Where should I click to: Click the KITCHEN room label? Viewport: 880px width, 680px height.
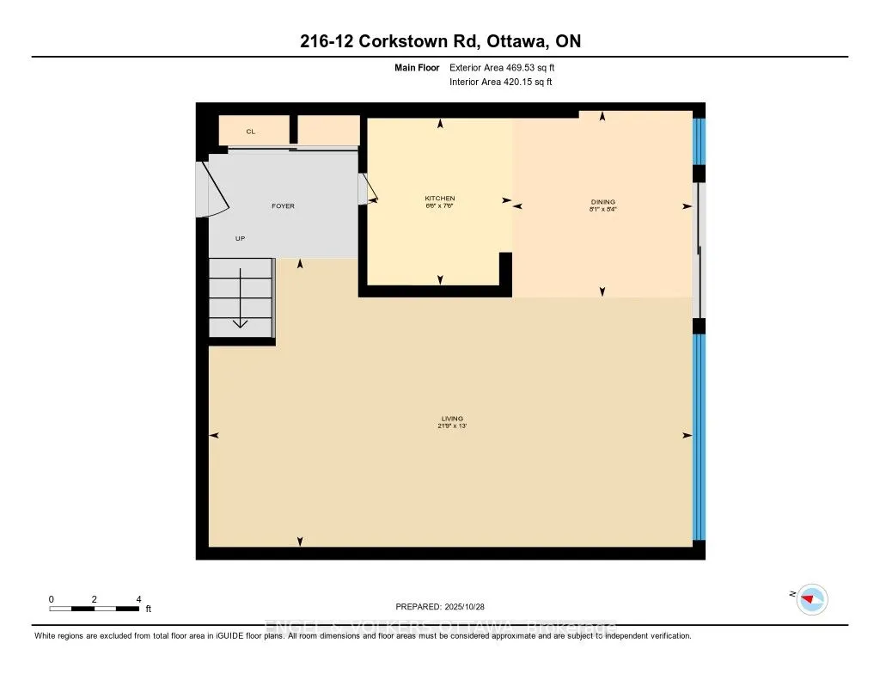point(440,199)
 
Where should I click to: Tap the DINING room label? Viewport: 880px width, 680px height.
point(602,202)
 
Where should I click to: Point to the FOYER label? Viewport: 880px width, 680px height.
point(283,206)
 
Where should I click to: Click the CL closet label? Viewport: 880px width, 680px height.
point(251,132)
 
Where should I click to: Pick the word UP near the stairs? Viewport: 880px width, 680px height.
point(240,238)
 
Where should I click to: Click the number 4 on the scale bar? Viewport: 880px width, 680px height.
point(138,599)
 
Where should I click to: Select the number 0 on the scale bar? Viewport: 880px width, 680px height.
point(52,599)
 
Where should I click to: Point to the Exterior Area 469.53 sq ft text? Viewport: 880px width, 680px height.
point(508,67)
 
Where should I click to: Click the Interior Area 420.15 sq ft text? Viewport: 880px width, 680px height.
point(500,83)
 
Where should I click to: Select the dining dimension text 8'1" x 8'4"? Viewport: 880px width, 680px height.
point(602,209)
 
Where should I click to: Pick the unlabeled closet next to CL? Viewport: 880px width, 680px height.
point(328,131)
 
